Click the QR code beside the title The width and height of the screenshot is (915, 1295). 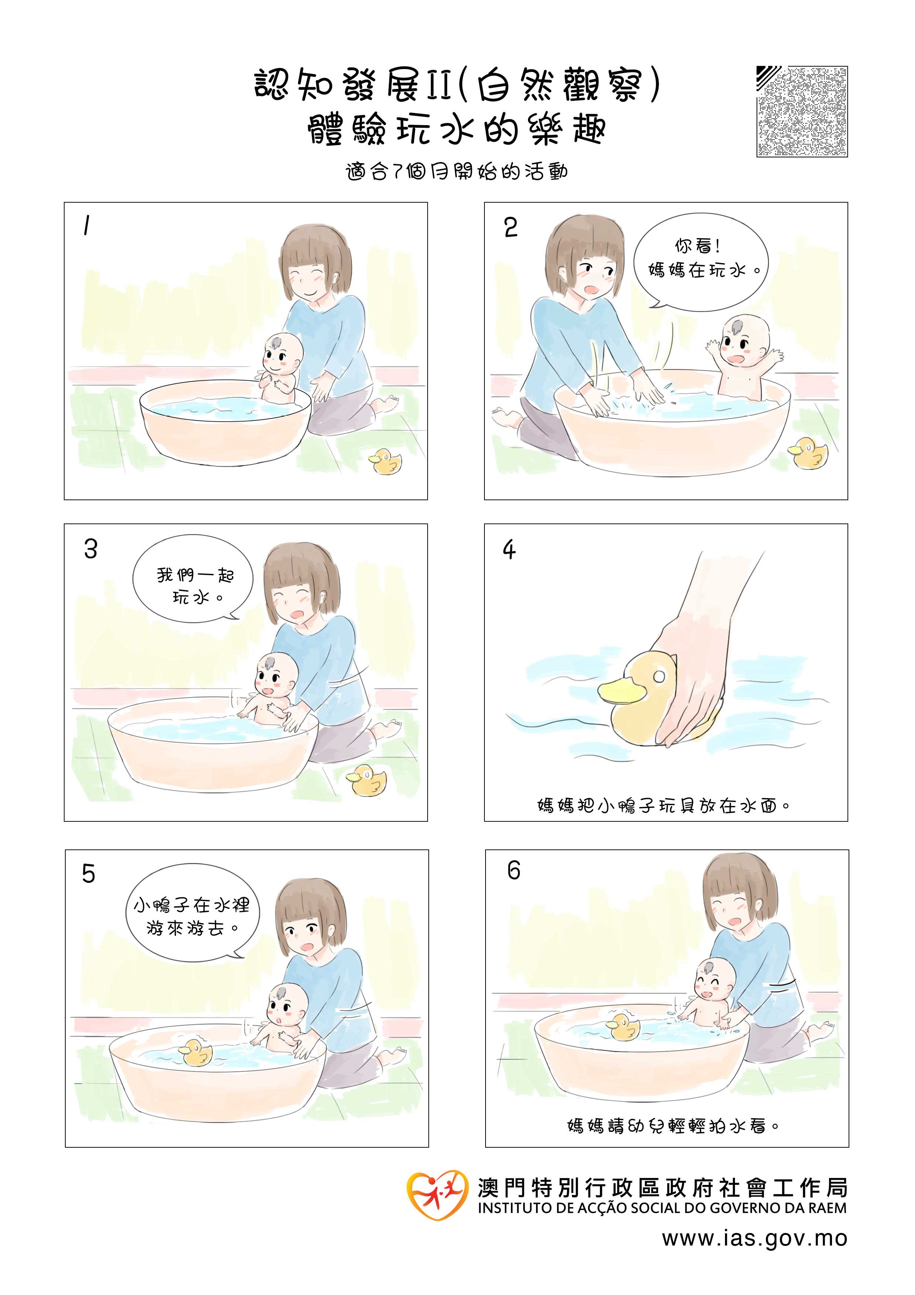click(802, 112)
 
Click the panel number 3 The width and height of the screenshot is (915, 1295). click(91, 549)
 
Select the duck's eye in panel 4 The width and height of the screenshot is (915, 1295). click(659, 675)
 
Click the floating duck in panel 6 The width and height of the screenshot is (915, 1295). click(622, 1027)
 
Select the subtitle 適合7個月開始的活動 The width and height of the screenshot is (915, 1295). click(457, 171)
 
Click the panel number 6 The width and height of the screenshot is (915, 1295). click(513, 870)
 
